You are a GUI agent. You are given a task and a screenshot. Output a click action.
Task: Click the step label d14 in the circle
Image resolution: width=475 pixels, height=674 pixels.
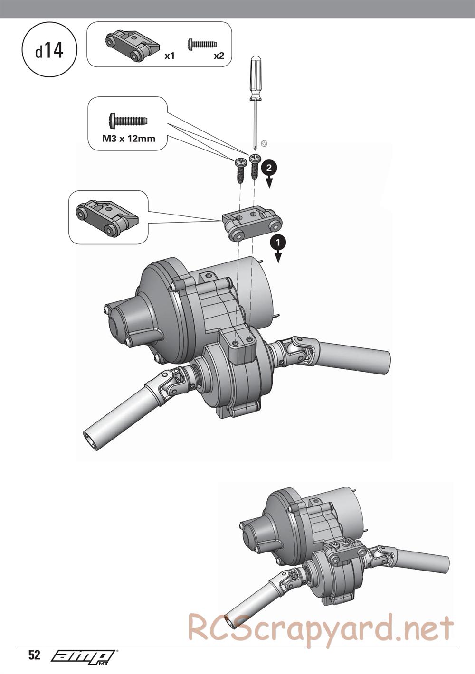[x=49, y=50]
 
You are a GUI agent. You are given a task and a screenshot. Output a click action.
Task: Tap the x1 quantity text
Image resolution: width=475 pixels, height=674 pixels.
[x=170, y=56]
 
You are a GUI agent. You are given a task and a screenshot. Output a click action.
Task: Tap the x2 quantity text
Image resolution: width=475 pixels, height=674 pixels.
[x=219, y=56]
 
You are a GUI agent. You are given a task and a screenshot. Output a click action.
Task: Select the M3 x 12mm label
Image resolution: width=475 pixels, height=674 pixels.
[x=129, y=139]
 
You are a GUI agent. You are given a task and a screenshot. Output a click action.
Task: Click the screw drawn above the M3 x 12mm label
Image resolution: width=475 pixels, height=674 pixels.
[x=128, y=121]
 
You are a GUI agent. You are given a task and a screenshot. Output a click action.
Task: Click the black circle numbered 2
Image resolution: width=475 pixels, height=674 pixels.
[x=269, y=168]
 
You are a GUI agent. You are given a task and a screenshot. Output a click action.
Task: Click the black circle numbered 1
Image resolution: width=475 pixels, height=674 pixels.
[x=278, y=242]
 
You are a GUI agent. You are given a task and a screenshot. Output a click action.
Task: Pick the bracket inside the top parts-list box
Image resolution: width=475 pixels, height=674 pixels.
[x=132, y=46]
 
